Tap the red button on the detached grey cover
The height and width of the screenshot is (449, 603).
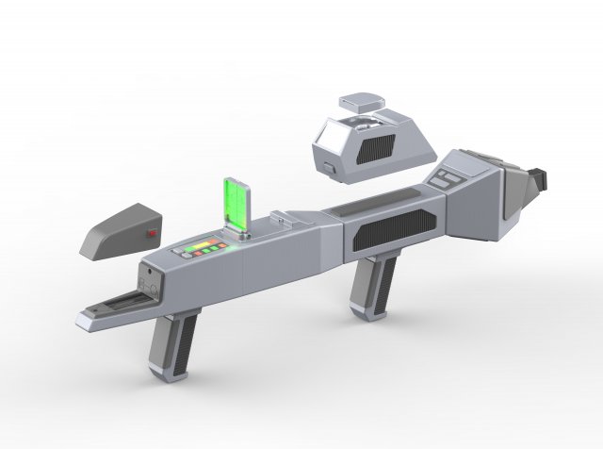(x=151, y=232)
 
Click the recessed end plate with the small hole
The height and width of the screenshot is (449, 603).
(x=147, y=279)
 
